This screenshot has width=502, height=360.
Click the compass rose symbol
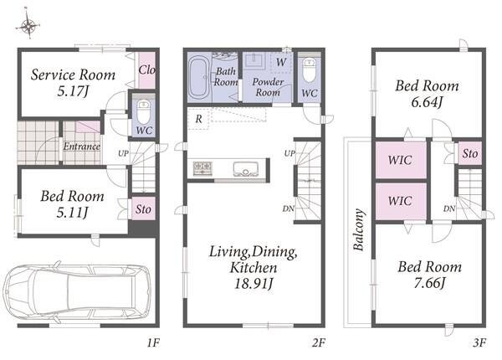point(28,25)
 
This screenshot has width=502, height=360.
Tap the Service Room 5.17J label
point(73,83)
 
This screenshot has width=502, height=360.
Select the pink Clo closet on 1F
point(147,70)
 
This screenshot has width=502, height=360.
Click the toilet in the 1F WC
point(143,111)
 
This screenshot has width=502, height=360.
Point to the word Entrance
point(82,147)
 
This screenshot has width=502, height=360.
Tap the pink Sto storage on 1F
point(143,208)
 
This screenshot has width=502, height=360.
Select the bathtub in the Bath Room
point(199,77)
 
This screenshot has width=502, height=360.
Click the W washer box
point(281,62)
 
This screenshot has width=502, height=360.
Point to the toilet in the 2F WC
point(310,70)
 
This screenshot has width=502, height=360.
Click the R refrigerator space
point(198,119)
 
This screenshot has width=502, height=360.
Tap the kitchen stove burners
point(202,168)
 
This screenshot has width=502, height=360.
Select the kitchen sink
point(245,169)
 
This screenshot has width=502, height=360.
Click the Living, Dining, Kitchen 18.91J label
point(254,267)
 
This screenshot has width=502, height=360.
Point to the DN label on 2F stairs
point(288,208)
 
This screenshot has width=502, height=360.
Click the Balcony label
point(359,229)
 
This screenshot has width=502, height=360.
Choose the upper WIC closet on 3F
point(401,160)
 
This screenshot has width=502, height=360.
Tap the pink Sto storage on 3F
point(470,153)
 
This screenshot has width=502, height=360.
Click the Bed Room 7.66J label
point(430,275)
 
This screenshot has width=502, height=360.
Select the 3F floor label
point(479,343)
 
